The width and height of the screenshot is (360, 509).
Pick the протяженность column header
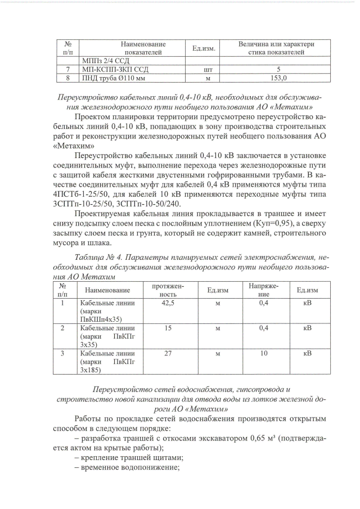pyautogui.click(x=168, y=290)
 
